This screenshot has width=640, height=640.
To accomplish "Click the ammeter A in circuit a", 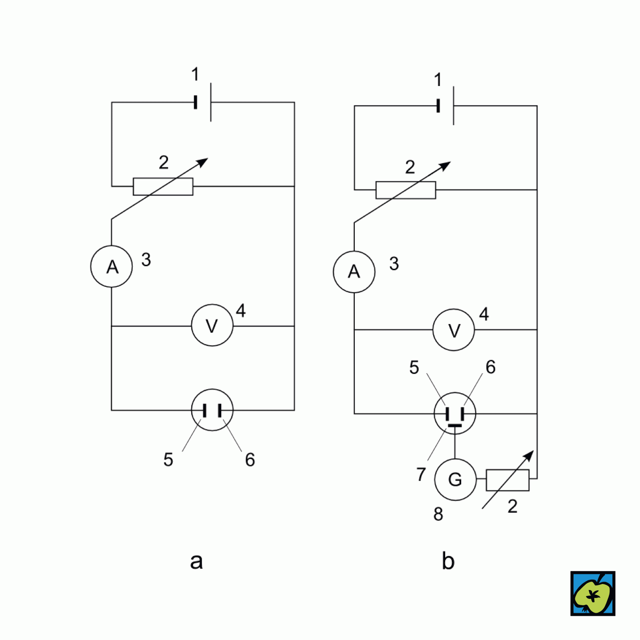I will point(111,266).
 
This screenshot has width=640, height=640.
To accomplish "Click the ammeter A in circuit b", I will point(354,272).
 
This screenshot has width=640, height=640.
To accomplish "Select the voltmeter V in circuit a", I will point(212,326).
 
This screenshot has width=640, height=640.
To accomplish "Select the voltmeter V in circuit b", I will point(454,330).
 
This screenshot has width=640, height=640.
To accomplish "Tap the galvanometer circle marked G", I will point(455,479).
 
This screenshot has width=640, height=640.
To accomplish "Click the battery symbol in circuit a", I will point(203,102).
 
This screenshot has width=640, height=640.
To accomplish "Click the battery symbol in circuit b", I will point(446,106).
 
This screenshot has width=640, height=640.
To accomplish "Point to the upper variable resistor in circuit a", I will point(163,186).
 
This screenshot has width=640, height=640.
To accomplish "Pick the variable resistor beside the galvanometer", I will point(507,480).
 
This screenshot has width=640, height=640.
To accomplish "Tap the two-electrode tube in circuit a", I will point(212,410).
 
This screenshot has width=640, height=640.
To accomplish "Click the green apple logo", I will point(593,594).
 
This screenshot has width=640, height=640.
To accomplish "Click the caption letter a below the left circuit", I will point(196,561).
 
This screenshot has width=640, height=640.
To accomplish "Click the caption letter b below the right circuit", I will point(448,561).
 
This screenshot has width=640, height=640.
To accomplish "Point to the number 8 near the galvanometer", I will point(438,514).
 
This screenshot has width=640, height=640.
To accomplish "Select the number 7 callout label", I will point(421,474).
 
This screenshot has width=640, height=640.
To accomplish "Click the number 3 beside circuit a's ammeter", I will point(146,260).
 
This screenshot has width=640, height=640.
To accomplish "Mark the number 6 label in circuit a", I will point(250,460).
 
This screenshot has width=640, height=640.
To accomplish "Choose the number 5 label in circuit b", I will point(414,367).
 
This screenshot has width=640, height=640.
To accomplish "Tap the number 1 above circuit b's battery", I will point(438,80).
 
